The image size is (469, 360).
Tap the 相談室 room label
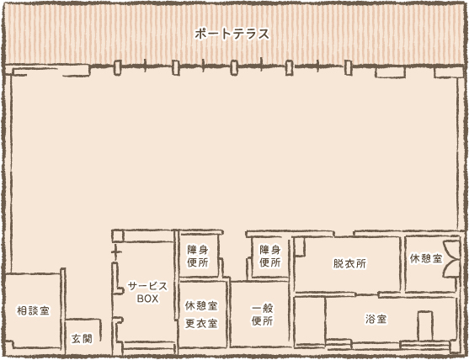click(33, 311)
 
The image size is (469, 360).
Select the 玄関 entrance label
click(82, 338)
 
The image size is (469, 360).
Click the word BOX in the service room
click(147, 298)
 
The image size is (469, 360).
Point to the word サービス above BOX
click(147, 286)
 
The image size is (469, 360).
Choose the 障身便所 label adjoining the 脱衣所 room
click(269, 256)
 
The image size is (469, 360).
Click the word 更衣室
click(201, 323)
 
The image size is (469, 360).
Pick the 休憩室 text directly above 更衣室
click(201, 306)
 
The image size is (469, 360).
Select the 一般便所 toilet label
click(262, 314)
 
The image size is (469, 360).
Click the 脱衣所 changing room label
click(349, 263)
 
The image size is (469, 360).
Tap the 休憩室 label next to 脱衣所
click(426, 258)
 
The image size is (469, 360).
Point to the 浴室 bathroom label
click(376, 320)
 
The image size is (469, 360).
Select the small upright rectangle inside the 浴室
click(425, 324)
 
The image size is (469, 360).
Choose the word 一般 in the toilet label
click(262, 307)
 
